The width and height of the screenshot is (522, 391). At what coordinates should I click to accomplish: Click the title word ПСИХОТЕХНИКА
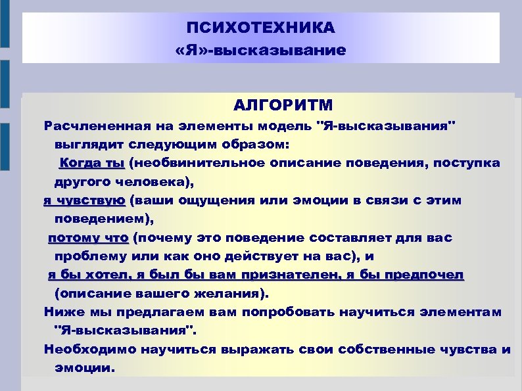[260, 28]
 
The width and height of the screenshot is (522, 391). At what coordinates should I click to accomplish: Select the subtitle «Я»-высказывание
[260, 50]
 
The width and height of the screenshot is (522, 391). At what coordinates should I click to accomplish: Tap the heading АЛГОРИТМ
[283, 105]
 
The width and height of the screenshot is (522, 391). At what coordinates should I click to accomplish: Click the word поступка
[469, 162]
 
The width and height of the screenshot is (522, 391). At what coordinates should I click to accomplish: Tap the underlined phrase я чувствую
[84, 200]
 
